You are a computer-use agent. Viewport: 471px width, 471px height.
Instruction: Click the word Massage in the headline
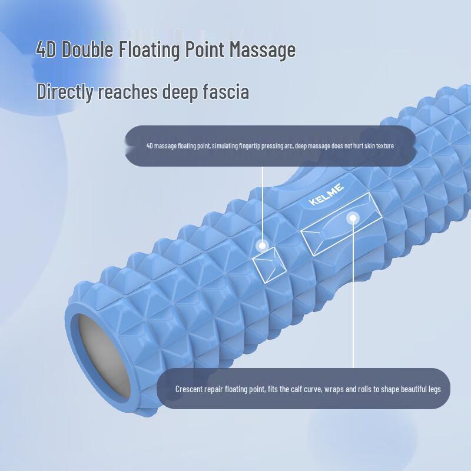263,50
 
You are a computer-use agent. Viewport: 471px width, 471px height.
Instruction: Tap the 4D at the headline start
46,49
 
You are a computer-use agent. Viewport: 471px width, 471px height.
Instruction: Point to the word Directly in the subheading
65,92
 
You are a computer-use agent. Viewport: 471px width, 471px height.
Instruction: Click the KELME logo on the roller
326,195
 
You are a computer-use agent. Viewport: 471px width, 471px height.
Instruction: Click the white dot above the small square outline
263,246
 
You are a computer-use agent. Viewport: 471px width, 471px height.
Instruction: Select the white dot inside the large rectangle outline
353,218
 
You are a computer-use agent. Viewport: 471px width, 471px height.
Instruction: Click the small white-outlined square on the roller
269,264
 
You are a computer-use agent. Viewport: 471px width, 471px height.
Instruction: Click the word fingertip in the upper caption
249,146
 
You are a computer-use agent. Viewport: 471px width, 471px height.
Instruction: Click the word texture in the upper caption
385,146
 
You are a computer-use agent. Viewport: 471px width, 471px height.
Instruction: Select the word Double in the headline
88,50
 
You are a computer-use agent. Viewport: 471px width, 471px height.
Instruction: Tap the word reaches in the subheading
128,92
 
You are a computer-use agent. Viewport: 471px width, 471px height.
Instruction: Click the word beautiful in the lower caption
414,389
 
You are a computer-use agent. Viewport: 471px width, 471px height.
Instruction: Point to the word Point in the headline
204,49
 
